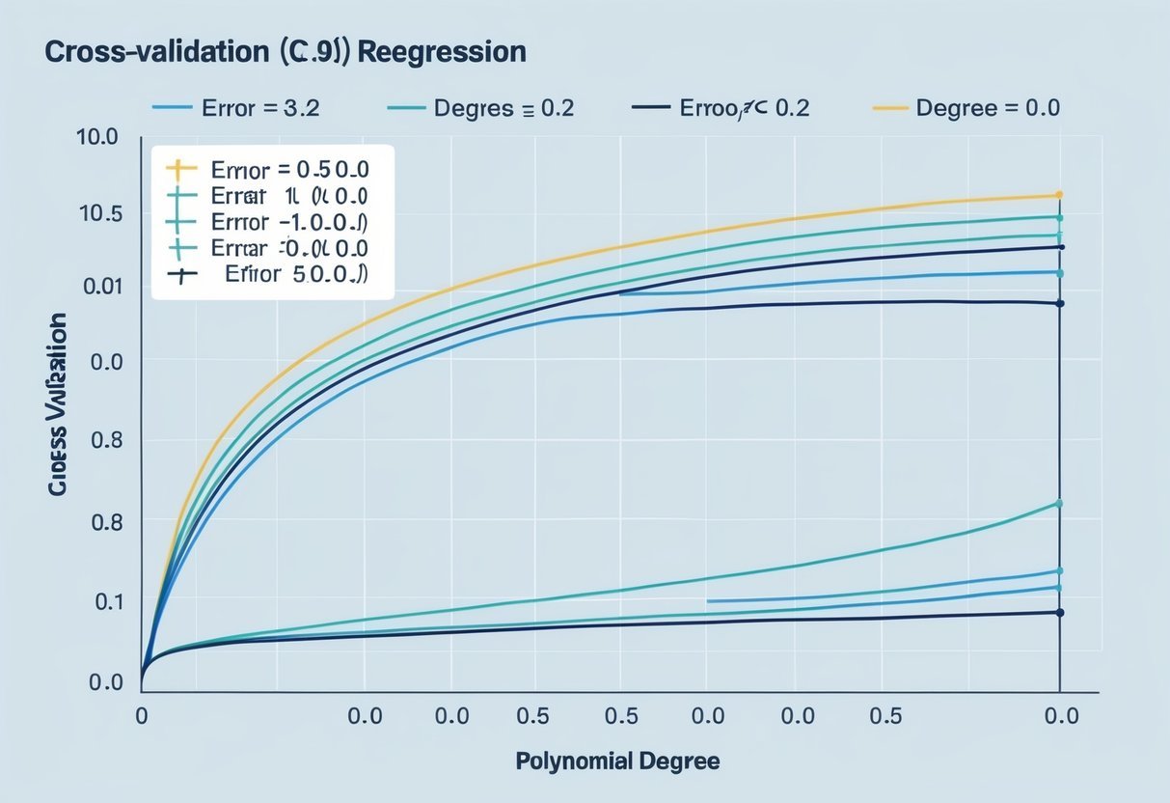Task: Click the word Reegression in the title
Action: (443, 52)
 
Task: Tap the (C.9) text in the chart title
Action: (315, 52)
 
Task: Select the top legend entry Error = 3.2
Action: (235, 108)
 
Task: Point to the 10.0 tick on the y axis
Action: (96, 137)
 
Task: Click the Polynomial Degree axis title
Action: (617, 761)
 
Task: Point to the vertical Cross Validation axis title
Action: (57, 404)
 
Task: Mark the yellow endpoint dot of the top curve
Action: (1059, 195)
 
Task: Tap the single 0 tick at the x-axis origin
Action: (141, 716)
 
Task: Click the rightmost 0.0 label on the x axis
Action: (1061, 716)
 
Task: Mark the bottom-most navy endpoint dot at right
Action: (1059, 613)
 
